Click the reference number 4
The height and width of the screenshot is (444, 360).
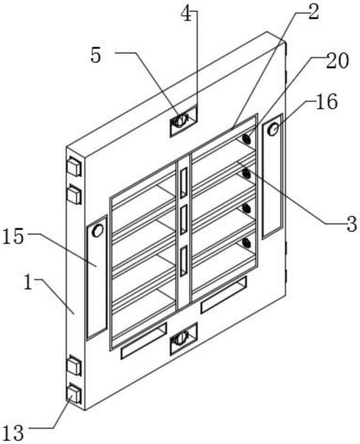[x=186, y=15]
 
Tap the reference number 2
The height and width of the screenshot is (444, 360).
[x=313, y=12]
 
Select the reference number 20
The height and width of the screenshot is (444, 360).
[x=337, y=61]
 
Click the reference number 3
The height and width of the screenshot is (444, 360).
[x=351, y=224]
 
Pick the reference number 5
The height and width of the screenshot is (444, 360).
[x=96, y=56]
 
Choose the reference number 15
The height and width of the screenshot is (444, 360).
[x=12, y=237]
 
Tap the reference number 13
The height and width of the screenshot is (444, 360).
[x=12, y=433]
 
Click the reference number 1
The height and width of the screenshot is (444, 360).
[x=28, y=283]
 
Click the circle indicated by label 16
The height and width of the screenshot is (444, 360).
[x=273, y=130]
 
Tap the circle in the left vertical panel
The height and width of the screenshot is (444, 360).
[x=98, y=230]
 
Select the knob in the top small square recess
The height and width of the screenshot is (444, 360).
[x=181, y=120]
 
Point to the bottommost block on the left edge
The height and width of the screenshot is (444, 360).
[x=74, y=395]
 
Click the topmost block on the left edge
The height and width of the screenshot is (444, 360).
[x=74, y=166]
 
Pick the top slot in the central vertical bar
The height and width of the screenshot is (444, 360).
[x=184, y=183]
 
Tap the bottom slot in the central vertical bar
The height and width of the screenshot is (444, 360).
[x=184, y=260]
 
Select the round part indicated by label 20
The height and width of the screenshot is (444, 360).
[x=247, y=139]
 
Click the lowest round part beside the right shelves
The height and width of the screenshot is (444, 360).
[x=247, y=243]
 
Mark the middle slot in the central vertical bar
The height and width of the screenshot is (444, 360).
[x=184, y=220]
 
